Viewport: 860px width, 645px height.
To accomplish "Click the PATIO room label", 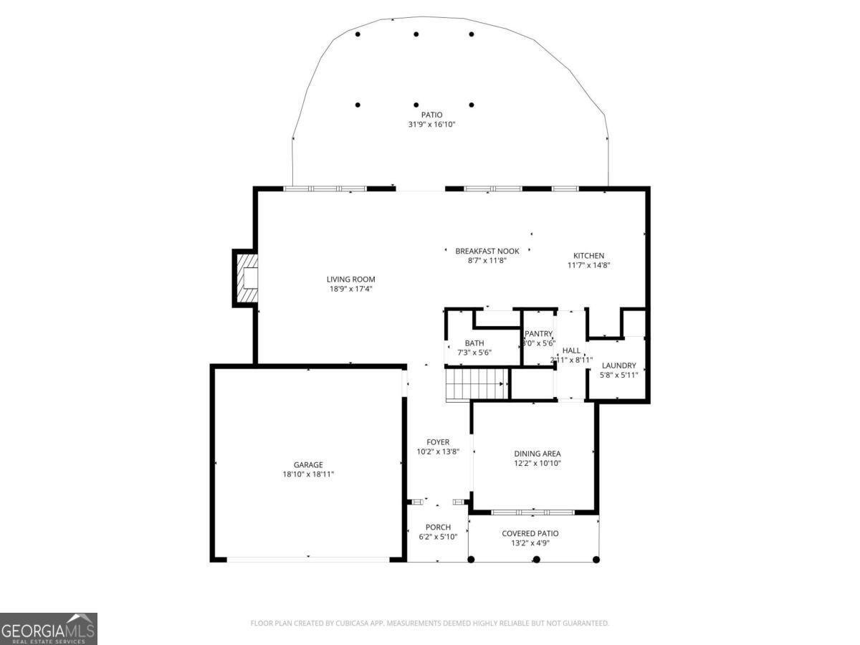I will [431, 115].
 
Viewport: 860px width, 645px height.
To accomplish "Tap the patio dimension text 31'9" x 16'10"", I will [431, 125].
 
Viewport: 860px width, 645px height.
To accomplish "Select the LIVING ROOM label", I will [350, 279].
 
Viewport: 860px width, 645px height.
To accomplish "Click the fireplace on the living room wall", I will [246, 278].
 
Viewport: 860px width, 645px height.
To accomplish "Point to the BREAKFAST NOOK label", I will [487, 251].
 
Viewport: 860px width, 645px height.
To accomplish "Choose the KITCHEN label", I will [588, 256].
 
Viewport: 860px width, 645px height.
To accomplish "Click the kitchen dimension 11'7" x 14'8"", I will [588, 265].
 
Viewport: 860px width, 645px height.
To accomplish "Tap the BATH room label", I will [474, 343].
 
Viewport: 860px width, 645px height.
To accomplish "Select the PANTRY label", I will [538, 334].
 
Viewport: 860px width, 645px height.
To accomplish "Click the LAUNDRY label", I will [618, 365].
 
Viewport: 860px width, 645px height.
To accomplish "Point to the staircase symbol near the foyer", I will [477, 384].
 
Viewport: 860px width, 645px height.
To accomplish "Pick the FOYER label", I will [437, 442].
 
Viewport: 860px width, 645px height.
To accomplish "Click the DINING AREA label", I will [537, 454].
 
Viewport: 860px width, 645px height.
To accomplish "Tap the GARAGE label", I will [307, 464].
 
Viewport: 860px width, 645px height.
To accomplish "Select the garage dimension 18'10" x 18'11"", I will [307, 474].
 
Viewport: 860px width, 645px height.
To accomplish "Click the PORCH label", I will [437, 527].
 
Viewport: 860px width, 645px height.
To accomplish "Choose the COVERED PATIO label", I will [530, 533].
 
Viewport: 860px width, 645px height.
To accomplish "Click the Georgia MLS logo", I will [49, 629].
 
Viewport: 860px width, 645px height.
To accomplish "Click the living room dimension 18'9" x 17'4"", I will [350, 289].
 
